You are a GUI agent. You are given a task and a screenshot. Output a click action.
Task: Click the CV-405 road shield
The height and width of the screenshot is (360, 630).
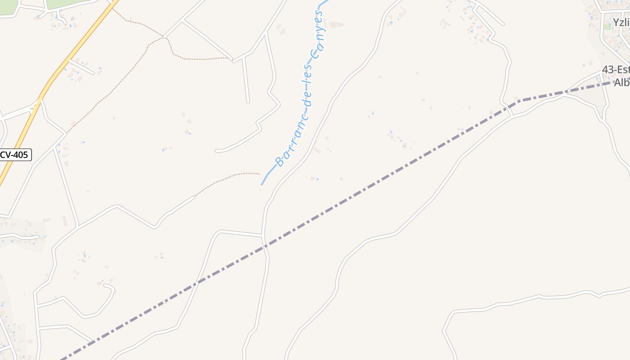[x=15, y=155]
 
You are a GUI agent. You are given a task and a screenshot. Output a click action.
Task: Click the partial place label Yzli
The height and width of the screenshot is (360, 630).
[x=621, y=22]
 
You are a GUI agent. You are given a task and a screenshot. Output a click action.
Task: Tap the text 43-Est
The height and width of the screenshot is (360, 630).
[x=616, y=70]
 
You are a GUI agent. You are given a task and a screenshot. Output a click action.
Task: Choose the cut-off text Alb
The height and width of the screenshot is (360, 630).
[x=621, y=83]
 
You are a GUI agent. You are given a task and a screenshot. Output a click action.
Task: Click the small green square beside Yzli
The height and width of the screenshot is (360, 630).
[x=607, y=27]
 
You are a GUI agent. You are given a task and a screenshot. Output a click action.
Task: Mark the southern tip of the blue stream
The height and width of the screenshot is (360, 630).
[x=262, y=184]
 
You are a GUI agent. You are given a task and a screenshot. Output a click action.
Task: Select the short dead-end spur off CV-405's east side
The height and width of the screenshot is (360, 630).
[x=83, y=67]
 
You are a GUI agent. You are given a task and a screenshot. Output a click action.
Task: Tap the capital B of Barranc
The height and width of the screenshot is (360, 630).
[x=280, y=161]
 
